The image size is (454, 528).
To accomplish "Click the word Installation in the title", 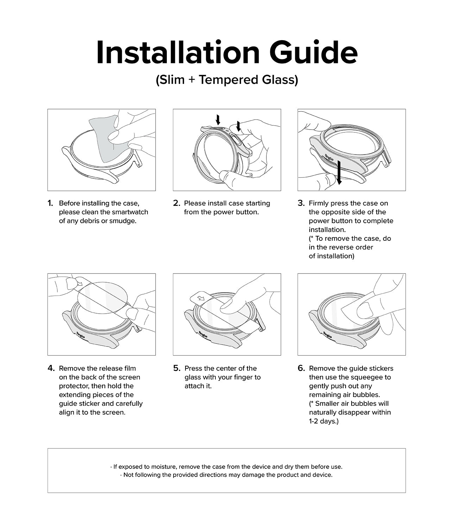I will click(x=178, y=53).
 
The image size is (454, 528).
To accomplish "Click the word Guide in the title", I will click(x=314, y=53).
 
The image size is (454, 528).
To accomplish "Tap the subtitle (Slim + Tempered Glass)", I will click(x=227, y=80).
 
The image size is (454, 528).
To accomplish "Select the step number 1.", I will click(x=50, y=203).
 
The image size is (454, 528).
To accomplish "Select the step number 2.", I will click(x=176, y=203).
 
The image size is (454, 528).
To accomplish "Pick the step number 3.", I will click(x=301, y=203).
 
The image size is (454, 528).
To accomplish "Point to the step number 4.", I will click(x=51, y=368).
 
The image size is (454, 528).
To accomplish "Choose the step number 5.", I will click(x=177, y=368).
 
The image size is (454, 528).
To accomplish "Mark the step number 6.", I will click(x=301, y=368).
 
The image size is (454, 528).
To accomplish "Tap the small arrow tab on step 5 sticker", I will click(x=200, y=298).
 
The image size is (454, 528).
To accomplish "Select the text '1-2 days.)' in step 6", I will click(x=323, y=421).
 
